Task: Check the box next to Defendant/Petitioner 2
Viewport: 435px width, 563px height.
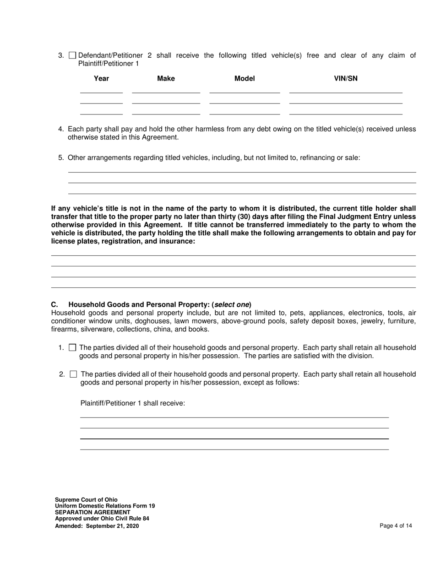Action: click(x=72, y=56)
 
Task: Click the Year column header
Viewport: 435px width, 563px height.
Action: click(x=101, y=79)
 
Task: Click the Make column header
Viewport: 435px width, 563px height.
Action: click(x=166, y=79)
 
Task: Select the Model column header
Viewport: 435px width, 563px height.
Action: click(x=245, y=79)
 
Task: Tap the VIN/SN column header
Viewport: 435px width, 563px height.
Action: click(x=346, y=79)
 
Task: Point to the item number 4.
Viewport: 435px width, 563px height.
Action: click(x=61, y=129)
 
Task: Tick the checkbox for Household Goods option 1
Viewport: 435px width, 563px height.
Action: click(x=72, y=348)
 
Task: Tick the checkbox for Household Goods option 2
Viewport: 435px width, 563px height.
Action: click(x=73, y=374)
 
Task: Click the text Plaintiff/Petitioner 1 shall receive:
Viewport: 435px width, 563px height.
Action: click(x=133, y=403)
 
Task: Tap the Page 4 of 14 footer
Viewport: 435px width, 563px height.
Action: click(x=396, y=526)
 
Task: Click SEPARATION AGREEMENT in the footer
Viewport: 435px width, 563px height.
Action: click(x=92, y=512)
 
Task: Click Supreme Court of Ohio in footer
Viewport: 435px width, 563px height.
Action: click(x=86, y=499)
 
